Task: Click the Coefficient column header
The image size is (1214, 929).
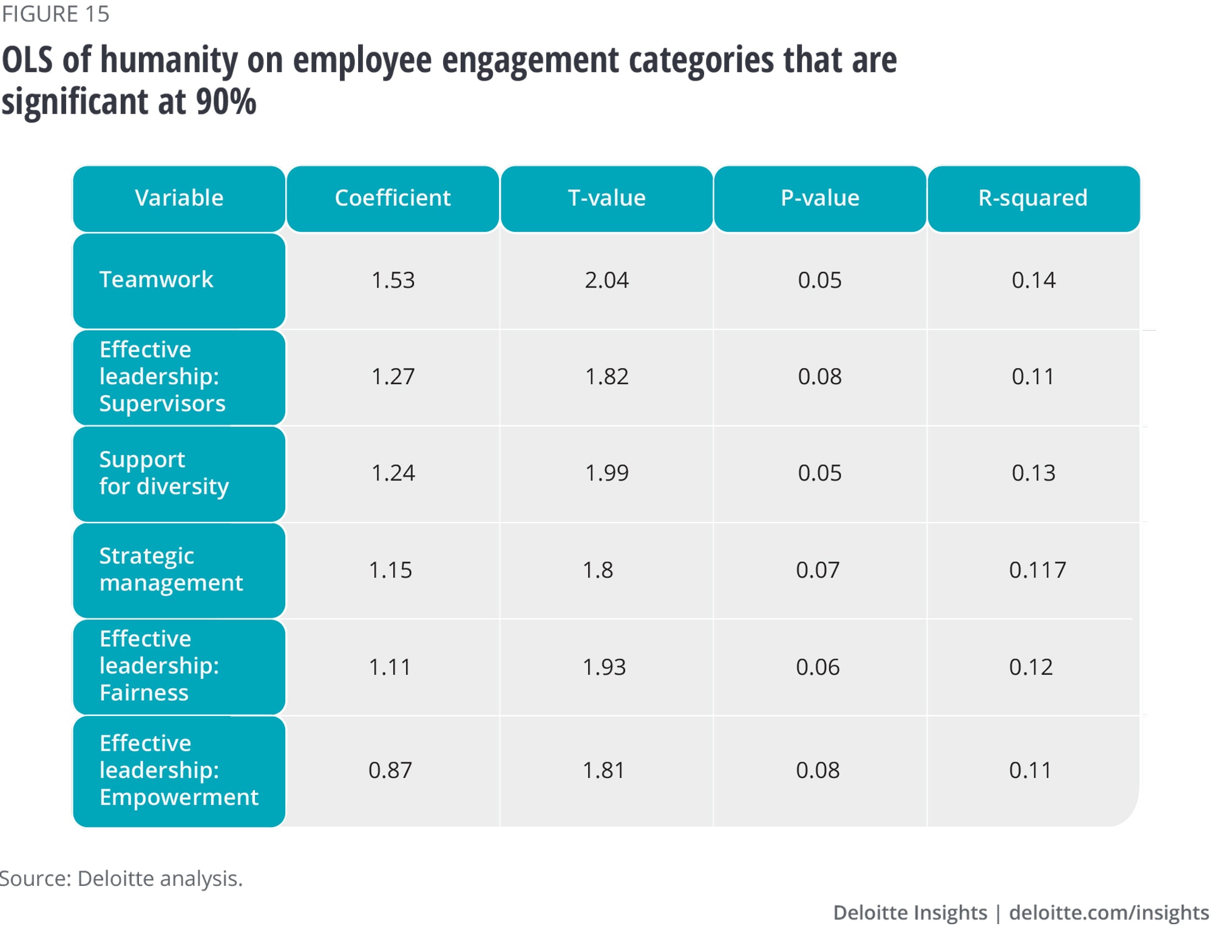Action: click(392, 198)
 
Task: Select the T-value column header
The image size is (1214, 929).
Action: click(606, 198)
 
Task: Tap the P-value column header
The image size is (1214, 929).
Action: click(819, 198)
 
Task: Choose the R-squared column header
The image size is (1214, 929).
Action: click(1033, 198)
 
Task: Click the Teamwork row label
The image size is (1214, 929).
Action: click(156, 280)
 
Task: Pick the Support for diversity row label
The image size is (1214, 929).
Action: click(164, 473)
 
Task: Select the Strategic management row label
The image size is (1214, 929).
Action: click(171, 569)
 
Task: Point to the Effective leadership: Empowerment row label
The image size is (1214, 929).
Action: click(178, 770)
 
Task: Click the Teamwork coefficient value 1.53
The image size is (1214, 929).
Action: click(393, 280)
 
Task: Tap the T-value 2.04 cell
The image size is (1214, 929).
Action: click(606, 280)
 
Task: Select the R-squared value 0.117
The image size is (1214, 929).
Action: click(1037, 570)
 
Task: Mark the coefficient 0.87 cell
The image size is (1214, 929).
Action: click(390, 770)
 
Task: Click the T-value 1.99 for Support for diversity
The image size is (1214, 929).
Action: click(606, 473)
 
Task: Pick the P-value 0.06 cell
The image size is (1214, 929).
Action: click(818, 667)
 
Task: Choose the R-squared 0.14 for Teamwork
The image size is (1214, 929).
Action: click(1033, 280)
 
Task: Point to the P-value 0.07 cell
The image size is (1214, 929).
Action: click(818, 570)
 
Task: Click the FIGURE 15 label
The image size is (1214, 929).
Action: click(55, 14)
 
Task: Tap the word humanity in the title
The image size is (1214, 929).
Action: click(169, 61)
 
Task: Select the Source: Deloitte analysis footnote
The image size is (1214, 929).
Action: click(121, 878)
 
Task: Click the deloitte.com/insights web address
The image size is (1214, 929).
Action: click(1108, 912)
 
